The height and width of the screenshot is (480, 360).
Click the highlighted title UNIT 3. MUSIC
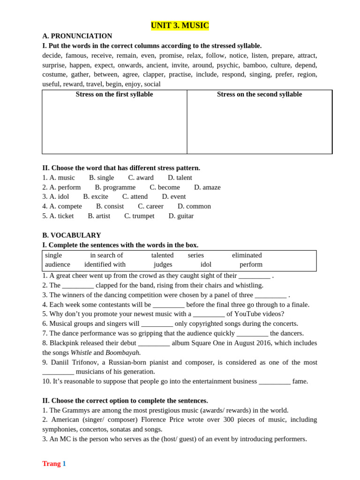pos(180,26)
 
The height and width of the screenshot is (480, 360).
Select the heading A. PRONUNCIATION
pos(77,36)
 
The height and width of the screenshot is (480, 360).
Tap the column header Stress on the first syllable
pos(114,95)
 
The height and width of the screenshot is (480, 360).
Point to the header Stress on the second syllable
pos(259,95)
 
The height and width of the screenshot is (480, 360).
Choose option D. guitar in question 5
pos(181,216)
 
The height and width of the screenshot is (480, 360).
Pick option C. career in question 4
pos(150,206)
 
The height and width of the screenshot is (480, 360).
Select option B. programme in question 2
pos(115,187)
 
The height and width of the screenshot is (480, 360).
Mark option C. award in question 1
pos(141,178)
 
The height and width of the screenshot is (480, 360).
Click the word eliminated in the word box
pos(247,255)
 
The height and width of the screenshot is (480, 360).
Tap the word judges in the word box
pos(163,265)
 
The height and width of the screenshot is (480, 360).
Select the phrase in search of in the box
pos(106,255)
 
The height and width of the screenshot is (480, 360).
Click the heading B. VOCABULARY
pos(71,235)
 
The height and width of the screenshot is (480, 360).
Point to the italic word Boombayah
pos(123,352)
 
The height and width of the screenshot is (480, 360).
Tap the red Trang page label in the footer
pos(51,464)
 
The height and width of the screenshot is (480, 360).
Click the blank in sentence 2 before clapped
pos(78,285)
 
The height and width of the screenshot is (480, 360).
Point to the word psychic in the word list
pos(227,65)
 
